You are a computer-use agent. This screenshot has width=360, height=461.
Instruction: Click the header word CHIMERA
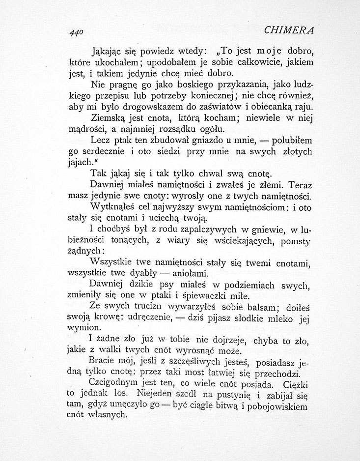coord(289,30)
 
